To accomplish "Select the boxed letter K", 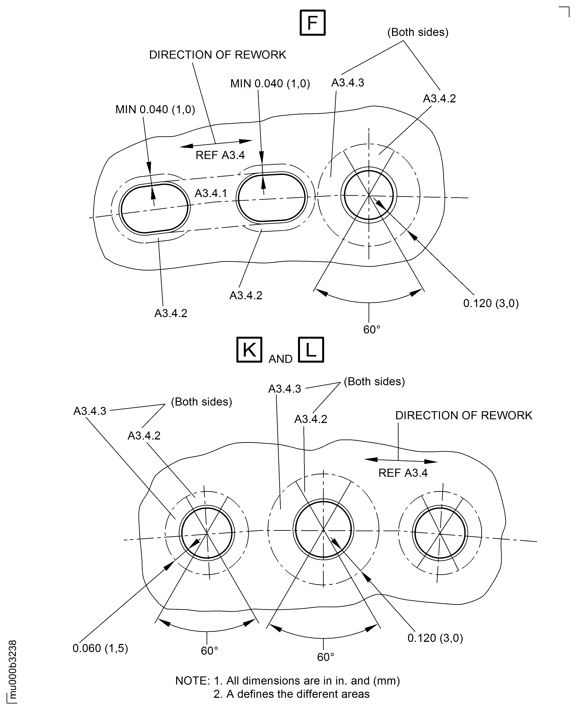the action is point(249,350).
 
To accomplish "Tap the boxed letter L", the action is point(311,350).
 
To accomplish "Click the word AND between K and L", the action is point(280,359).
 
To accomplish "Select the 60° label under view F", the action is point(372,329).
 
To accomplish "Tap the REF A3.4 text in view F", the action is point(220,155).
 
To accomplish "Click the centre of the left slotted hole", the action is point(154,208).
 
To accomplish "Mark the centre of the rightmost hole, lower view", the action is point(440,534).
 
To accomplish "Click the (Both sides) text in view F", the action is point(418,32).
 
